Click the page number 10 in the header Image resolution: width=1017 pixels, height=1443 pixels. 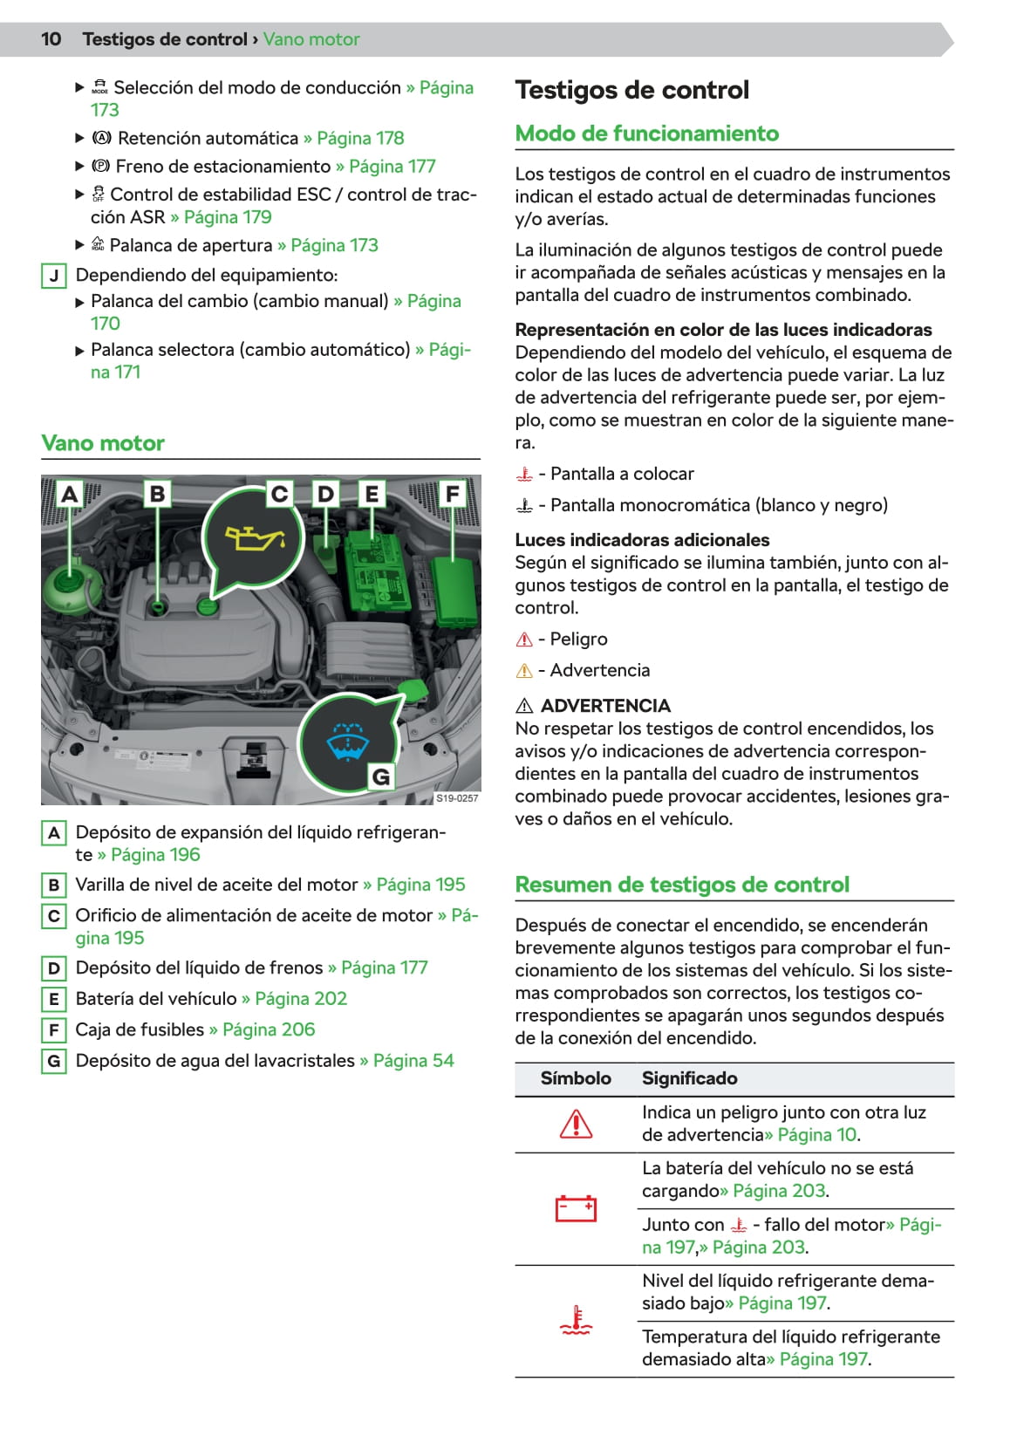tap(51, 39)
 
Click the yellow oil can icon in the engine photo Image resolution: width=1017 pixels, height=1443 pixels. tap(253, 537)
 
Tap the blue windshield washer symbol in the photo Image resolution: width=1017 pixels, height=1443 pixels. tap(347, 742)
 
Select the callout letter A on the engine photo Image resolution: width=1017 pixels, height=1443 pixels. tap(70, 494)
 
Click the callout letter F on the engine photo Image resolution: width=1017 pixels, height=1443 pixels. tap(452, 494)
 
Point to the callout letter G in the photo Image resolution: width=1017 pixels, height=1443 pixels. tap(381, 776)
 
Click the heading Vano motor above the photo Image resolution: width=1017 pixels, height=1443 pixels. tap(103, 443)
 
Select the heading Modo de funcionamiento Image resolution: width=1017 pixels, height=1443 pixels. tap(646, 133)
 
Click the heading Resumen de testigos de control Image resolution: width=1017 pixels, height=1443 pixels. tap(681, 885)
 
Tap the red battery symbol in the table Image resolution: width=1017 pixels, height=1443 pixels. tap(576, 1208)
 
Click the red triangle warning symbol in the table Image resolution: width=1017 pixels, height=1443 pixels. tap(576, 1124)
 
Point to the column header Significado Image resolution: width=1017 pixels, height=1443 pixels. tap(689, 1078)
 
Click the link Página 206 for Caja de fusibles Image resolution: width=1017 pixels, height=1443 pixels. tap(268, 1029)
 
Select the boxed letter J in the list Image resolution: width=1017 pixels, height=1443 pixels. tap(54, 276)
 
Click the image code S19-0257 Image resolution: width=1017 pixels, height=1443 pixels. tap(457, 797)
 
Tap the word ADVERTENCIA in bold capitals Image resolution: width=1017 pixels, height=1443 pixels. tap(605, 706)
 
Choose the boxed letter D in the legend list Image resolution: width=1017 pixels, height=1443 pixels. tap(54, 968)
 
